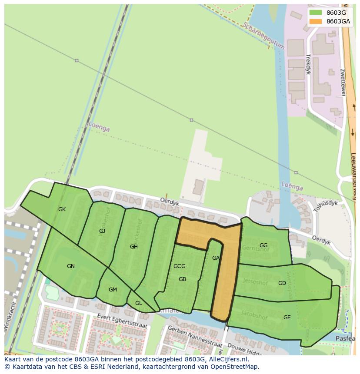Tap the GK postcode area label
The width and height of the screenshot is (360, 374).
62,209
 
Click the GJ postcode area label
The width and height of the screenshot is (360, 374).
102,231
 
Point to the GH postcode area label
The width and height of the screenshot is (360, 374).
133,247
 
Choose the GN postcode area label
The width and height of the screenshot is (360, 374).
71,266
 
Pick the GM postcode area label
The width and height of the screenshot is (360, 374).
113,290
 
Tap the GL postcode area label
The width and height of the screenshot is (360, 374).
138,303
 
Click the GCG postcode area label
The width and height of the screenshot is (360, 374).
179,266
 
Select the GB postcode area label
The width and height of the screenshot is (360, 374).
182,279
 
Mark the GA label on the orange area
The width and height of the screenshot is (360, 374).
216,258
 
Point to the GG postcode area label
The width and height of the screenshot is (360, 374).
263,245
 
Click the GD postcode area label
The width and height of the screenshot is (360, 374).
282,283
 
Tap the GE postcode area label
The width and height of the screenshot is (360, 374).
287,318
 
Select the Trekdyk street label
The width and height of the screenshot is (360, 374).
308,64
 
